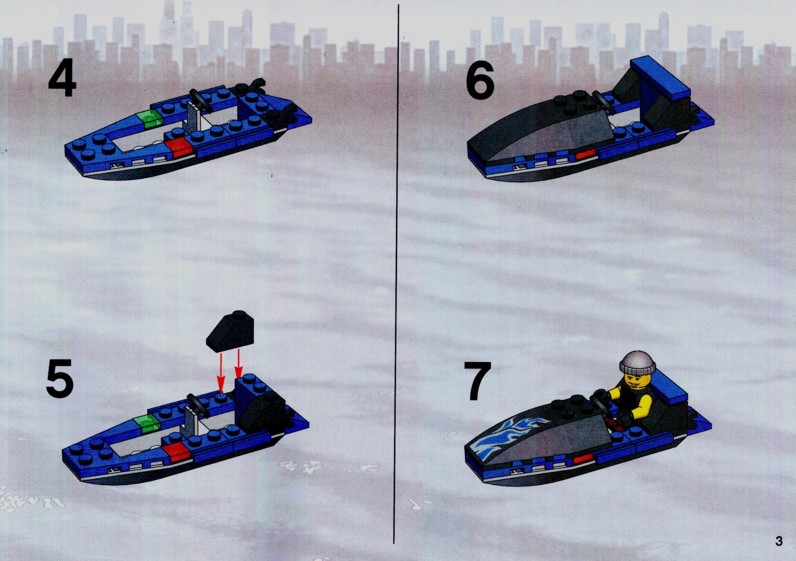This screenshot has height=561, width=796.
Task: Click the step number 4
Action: click(62, 79)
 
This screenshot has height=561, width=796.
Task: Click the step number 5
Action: click(60, 379)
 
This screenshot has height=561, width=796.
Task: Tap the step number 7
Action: click(477, 381)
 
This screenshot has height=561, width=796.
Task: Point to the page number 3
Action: click(779, 541)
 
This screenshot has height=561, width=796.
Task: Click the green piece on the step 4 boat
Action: click(150, 119)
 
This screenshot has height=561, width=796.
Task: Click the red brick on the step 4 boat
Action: click(179, 146)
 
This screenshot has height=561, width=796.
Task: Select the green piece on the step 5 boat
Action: click(147, 422)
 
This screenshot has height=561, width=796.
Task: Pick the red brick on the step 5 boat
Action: click(177, 450)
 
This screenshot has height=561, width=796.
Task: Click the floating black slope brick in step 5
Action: click(229, 331)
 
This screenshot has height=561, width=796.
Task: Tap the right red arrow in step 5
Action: click(238, 365)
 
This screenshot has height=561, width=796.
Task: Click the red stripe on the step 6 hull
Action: click(584, 155)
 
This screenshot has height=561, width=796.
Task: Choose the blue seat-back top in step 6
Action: click(660, 77)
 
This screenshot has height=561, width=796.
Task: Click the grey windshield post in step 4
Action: click(193, 117)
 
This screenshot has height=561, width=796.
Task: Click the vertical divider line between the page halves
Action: click(396, 274)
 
